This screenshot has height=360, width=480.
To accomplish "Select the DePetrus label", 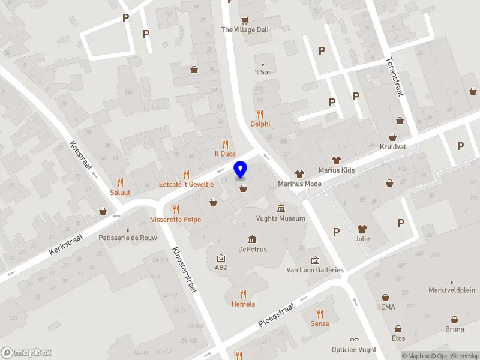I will [252, 249].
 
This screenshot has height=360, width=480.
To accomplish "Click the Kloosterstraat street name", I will [184, 269].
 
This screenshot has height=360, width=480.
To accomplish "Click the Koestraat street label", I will [82, 157].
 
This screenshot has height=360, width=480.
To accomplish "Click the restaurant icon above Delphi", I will [260, 114].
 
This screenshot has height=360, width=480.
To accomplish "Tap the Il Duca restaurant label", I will [225, 154].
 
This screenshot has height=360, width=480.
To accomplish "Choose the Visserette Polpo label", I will [176, 220].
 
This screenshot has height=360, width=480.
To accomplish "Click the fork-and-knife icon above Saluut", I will [120, 182].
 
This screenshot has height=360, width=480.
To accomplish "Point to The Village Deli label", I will [245, 29].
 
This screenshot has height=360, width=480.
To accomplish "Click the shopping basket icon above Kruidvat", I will [392, 137].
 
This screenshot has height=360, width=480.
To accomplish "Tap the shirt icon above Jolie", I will [362, 229].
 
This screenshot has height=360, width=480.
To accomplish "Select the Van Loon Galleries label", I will [315, 270].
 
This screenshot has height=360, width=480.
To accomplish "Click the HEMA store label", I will [386, 307].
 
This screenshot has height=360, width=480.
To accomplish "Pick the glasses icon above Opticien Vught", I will [354, 340].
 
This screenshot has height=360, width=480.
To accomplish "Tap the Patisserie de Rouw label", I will [128, 238].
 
